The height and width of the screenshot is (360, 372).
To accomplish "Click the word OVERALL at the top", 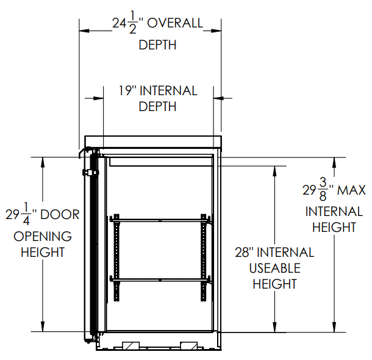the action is [x=175, y=23].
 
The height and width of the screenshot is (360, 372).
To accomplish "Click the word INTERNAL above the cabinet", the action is [x=168, y=91].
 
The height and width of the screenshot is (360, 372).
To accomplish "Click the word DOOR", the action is [x=60, y=215].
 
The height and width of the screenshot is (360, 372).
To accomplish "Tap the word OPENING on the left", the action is [x=43, y=236].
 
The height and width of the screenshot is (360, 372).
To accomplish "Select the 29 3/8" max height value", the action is [x=318, y=190].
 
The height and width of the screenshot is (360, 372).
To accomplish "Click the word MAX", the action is [x=352, y=190].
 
